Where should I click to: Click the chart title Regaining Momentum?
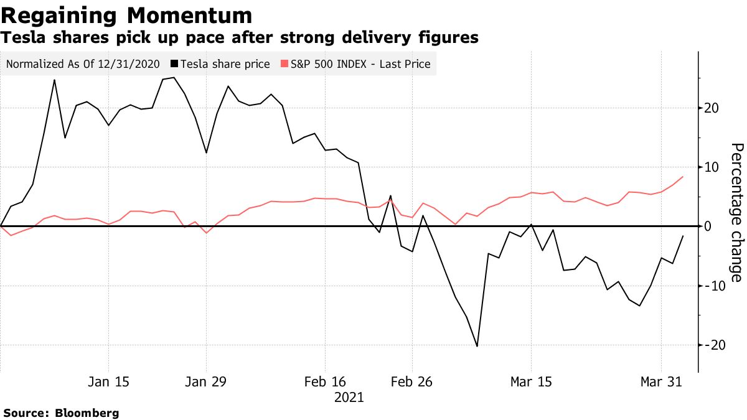127,16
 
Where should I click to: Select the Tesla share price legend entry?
225,64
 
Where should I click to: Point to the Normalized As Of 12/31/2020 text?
83,64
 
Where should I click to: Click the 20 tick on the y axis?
712,108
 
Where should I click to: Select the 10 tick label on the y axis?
712,167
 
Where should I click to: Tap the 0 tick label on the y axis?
708,226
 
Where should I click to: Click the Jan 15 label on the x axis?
109,382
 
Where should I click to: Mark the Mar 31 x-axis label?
661,382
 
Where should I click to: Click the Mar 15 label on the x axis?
531,382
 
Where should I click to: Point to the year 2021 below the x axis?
349,397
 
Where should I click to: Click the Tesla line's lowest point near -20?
477,346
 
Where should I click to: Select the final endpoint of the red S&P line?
684,177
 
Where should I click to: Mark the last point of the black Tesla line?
684,236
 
